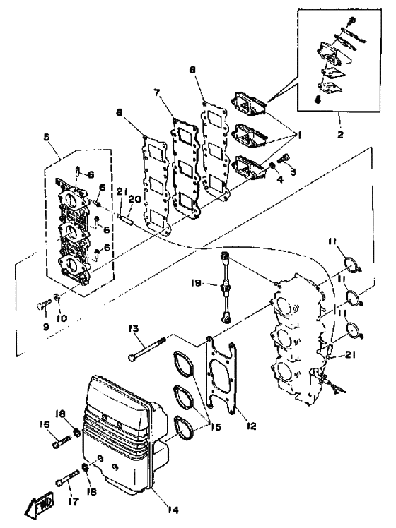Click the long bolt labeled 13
[147, 348]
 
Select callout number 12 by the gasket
[251, 426]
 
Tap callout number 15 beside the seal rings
[216, 427]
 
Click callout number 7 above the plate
[157, 92]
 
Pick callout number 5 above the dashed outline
[47, 137]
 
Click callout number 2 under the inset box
[340, 134]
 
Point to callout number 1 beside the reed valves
[298, 135]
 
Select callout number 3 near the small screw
[293, 172]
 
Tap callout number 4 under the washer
[280, 180]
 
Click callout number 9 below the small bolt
[46, 326]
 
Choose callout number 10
[62, 318]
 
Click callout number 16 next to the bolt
[45, 425]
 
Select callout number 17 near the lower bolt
[74, 502]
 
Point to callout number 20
[134, 200]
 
